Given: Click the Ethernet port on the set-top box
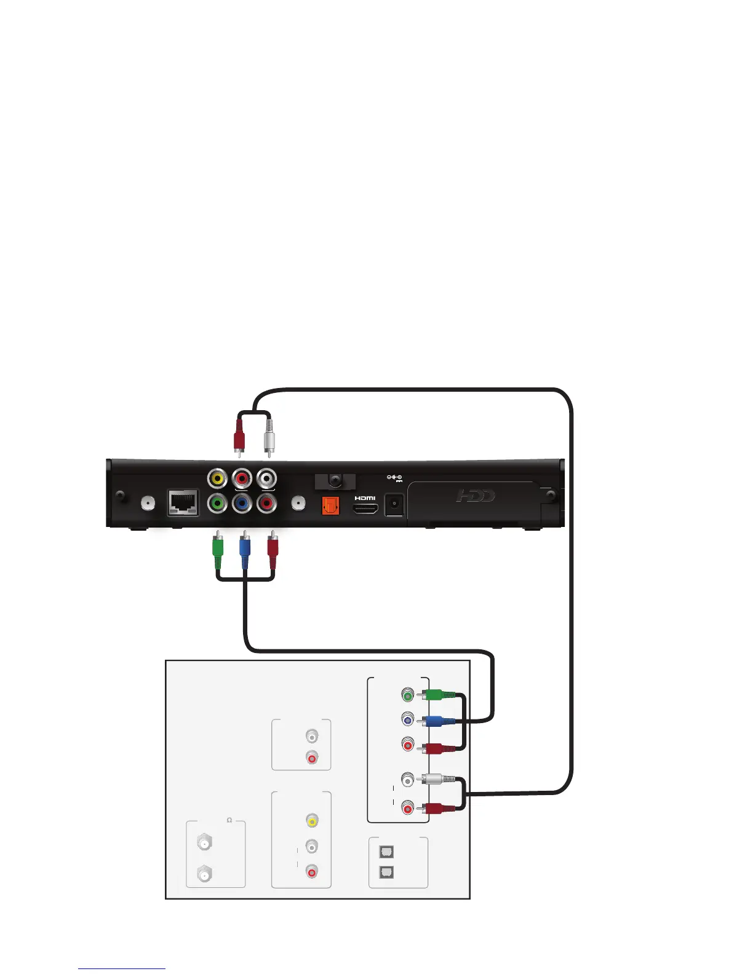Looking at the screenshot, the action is pyautogui.click(x=183, y=503).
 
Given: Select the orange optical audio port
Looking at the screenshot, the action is pyautogui.click(x=330, y=505).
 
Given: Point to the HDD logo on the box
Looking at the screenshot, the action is pyautogui.click(x=475, y=496).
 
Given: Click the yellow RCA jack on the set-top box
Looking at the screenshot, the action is pyautogui.click(x=217, y=478).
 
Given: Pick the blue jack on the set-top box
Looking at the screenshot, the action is pyautogui.click(x=242, y=504).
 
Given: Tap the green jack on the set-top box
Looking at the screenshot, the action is pyautogui.click(x=217, y=504).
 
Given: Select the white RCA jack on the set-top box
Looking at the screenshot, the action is pyautogui.click(x=266, y=478).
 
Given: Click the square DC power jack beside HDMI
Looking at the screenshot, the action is pyautogui.click(x=393, y=505).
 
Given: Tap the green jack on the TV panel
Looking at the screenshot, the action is pyautogui.click(x=407, y=695).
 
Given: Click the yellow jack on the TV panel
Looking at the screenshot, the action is pyautogui.click(x=312, y=820).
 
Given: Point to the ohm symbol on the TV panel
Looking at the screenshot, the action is pyautogui.click(x=229, y=820).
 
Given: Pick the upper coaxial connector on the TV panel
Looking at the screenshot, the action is pyautogui.click(x=204, y=842).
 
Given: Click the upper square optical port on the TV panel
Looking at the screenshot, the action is pyautogui.click(x=386, y=852).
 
